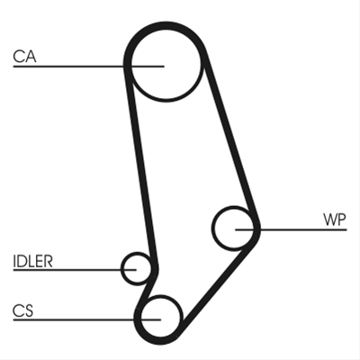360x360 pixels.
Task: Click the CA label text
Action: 24,57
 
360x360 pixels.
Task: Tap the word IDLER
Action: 32,261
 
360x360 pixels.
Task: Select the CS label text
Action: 22,310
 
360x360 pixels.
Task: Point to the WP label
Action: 335,220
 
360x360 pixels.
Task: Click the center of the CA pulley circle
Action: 166,65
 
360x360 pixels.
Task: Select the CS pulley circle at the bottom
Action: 160,317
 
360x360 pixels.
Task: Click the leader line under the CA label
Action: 88,66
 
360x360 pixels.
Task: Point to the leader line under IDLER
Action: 75,270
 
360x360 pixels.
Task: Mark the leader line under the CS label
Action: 87,319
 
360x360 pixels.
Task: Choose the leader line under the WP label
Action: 291,229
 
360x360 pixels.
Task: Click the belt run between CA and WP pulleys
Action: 231,137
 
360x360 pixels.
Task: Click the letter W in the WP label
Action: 329,220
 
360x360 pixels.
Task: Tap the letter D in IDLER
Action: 22,261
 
